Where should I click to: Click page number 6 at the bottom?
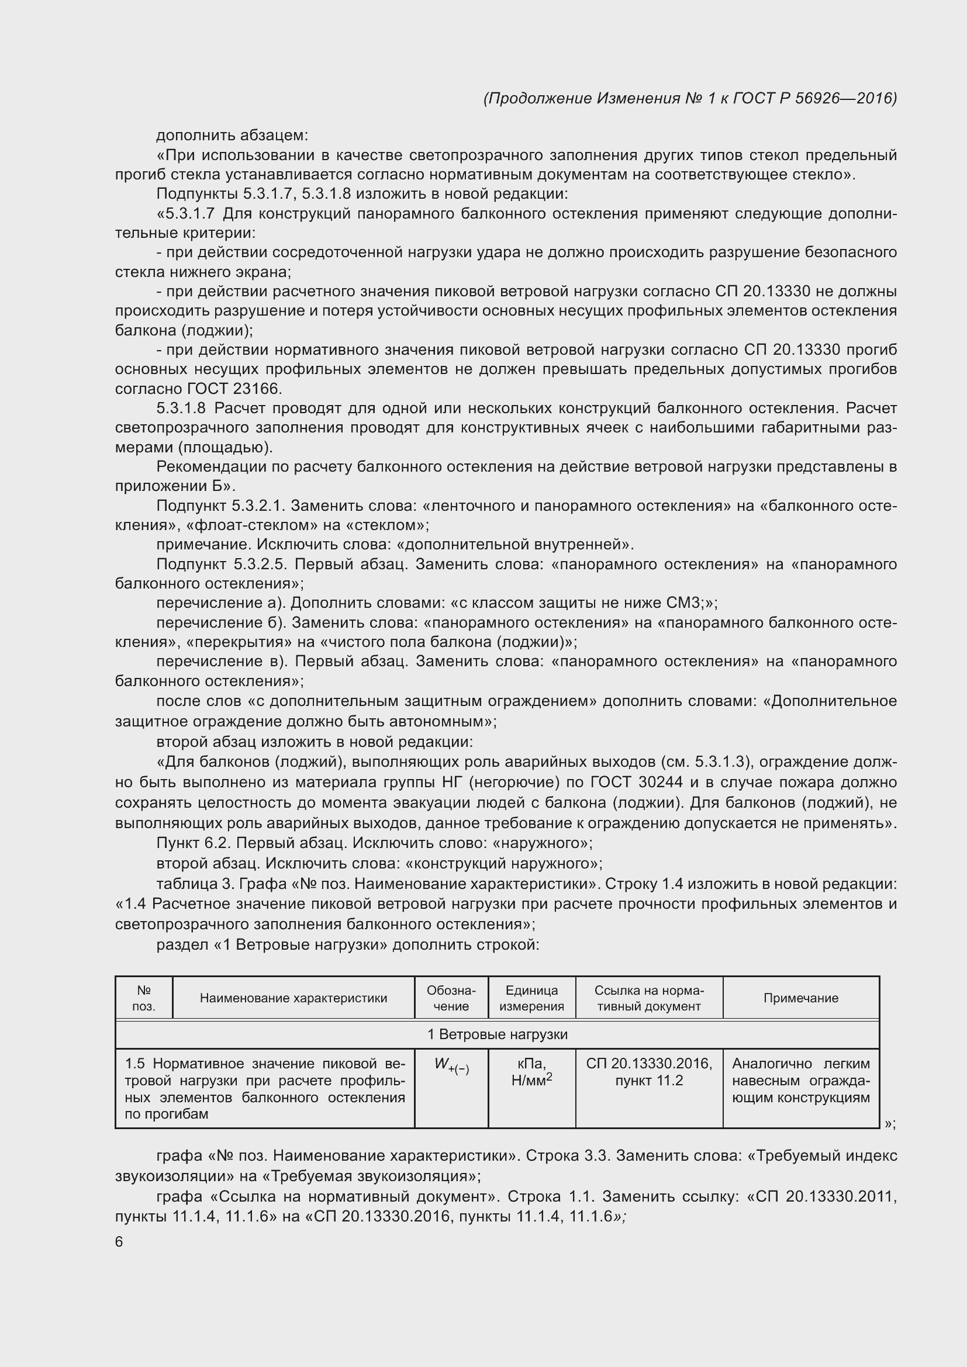(119, 1242)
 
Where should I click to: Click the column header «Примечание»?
(800, 998)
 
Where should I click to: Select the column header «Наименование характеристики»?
(293, 998)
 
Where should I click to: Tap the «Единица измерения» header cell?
(531, 998)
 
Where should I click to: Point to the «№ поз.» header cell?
(143, 998)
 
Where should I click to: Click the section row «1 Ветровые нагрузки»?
(497, 1035)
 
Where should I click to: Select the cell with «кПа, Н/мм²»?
(531, 1072)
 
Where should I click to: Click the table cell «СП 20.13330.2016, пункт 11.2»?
(648, 1072)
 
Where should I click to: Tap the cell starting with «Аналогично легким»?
(800, 1081)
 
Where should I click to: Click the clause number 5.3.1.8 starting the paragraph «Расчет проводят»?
(181, 409)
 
